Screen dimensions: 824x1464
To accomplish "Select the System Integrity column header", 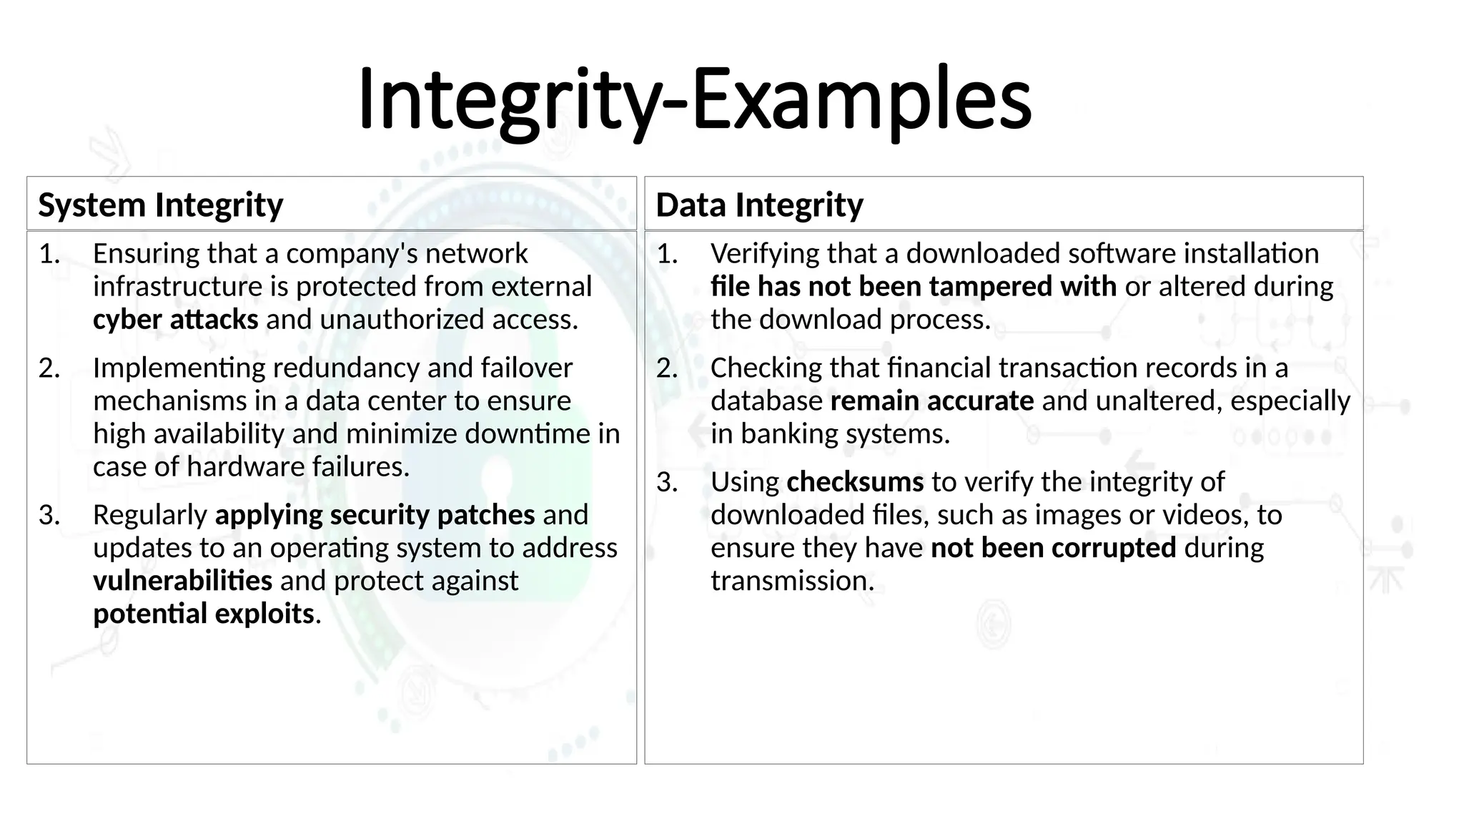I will tap(161, 205).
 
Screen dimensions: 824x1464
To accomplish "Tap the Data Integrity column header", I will tap(759, 205).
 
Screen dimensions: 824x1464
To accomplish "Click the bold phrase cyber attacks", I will tap(175, 320).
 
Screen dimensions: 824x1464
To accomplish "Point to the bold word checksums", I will tap(855, 482).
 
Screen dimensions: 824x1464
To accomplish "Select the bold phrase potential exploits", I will tap(204, 614).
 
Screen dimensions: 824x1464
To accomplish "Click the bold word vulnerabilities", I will tap(182, 581).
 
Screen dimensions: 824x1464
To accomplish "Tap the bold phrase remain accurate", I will tap(931, 401).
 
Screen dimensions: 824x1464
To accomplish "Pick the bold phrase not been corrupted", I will tap(1053, 548).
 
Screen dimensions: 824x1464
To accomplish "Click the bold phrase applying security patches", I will tap(375, 515).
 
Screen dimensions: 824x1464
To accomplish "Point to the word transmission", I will tap(791, 581).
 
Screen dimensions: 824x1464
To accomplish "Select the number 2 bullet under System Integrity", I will tap(49, 368).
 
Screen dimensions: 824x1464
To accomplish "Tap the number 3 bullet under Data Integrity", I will tap(667, 483).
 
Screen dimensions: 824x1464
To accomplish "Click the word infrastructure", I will tap(177, 287).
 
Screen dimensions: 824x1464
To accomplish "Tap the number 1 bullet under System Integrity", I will tap(49, 254).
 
